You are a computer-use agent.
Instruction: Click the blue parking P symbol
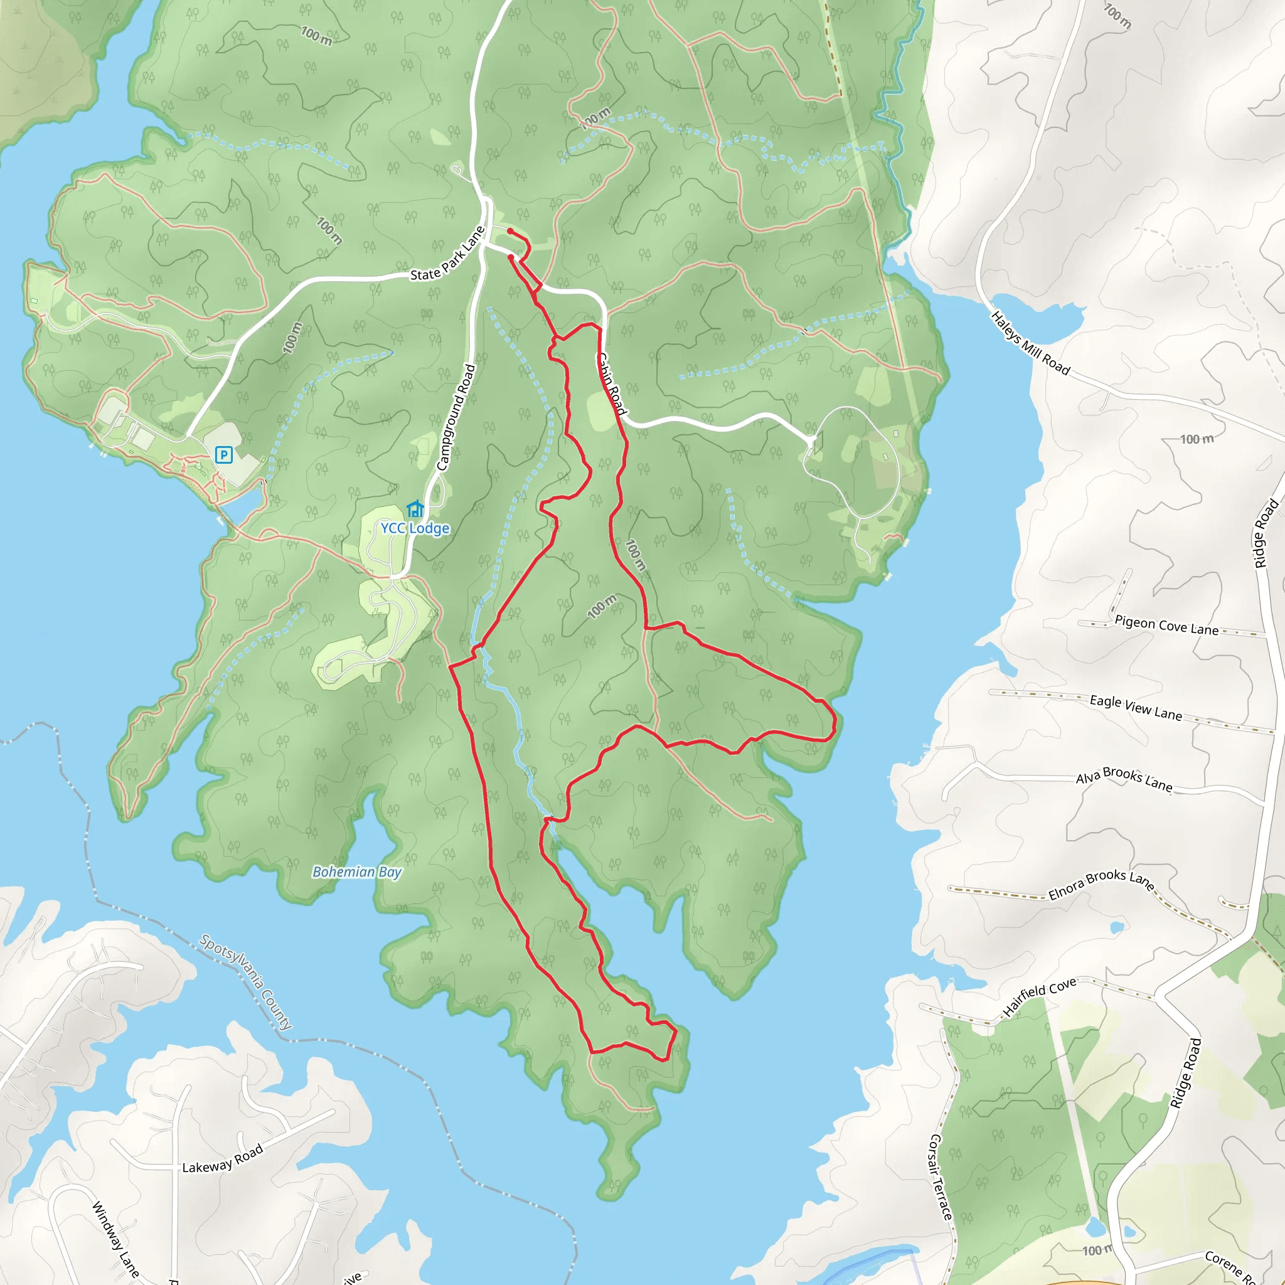click(223, 455)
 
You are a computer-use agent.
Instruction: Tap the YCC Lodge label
click(415, 528)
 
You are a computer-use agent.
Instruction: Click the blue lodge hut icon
click(415, 509)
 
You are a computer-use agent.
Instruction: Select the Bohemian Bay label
click(357, 872)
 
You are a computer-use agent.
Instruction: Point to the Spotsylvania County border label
click(245, 982)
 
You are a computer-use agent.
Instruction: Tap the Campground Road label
click(456, 417)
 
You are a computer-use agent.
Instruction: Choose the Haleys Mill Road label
click(1030, 343)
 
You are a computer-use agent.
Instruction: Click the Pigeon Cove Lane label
click(1166, 625)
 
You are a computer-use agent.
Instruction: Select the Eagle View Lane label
click(1135, 708)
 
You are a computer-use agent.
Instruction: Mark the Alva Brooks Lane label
click(1124, 779)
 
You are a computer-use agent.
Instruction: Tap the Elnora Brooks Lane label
click(1100, 884)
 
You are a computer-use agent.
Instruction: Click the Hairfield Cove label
click(1039, 997)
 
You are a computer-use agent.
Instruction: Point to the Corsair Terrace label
click(940, 1177)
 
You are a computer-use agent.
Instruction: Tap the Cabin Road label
click(611, 384)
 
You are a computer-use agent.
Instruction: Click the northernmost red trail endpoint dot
click(510, 231)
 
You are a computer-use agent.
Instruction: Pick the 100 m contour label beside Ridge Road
click(1197, 439)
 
